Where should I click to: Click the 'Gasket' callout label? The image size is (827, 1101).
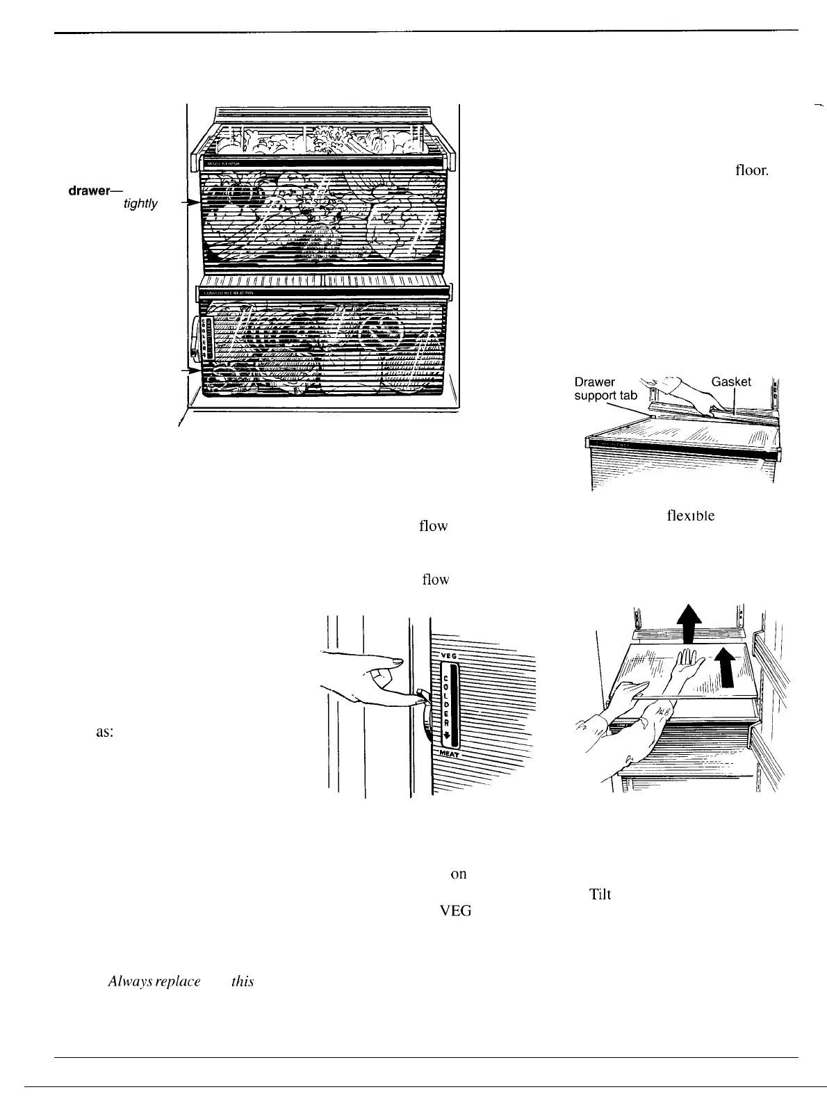click(x=731, y=382)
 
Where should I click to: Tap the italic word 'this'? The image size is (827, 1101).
click(x=243, y=981)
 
